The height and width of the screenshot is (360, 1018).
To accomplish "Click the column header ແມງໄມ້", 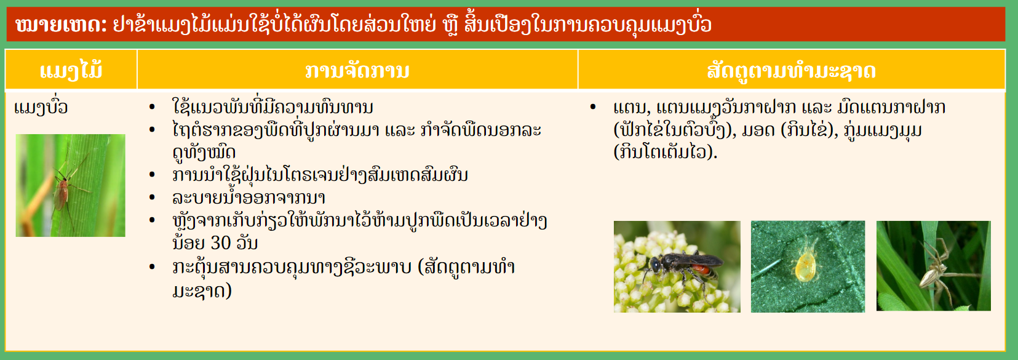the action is click(x=71, y=70).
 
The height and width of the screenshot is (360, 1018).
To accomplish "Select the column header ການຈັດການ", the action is click(x=357, y=70).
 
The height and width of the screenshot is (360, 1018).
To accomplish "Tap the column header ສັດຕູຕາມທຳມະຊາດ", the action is click(x=791, y=71).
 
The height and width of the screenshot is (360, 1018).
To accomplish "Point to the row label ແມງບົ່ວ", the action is click(x=41, y=107).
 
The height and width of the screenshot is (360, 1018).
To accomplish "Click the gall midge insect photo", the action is click(x=71, y=185).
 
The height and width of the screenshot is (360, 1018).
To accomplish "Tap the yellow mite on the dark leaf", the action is click(x=805, y=265).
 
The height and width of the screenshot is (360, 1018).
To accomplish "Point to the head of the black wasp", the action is click(x=655, y=264).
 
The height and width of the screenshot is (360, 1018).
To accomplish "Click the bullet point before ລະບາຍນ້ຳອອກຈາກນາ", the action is click(x=153, y=198).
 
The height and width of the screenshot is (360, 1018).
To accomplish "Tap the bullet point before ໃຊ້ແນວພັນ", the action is click(x=153, y=107).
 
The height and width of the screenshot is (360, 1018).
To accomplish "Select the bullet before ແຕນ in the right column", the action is click(x=592, y=107).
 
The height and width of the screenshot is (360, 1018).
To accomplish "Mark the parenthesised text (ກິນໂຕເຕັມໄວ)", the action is click(x=665, y=152).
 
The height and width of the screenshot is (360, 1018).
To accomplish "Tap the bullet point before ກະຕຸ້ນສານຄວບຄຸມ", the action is click(x=153, y=267).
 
